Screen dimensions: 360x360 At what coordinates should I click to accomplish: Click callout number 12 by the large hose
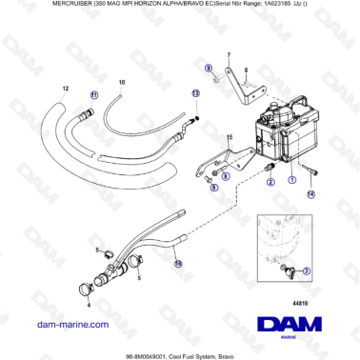click(x=65, y=88)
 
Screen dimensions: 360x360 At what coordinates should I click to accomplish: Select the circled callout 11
click(x=93, y=96)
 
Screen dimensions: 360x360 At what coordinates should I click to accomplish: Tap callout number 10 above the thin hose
click(x=121, y=84)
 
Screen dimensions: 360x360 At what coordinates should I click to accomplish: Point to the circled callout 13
click(x=195, y=93)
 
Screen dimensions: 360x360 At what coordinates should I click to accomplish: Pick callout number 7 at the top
click(x=228, y=57)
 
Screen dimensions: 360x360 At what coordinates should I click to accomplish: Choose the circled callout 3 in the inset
click(x=306, y=270)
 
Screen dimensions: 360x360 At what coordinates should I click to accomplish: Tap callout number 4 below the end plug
click(x=89, y=306)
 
